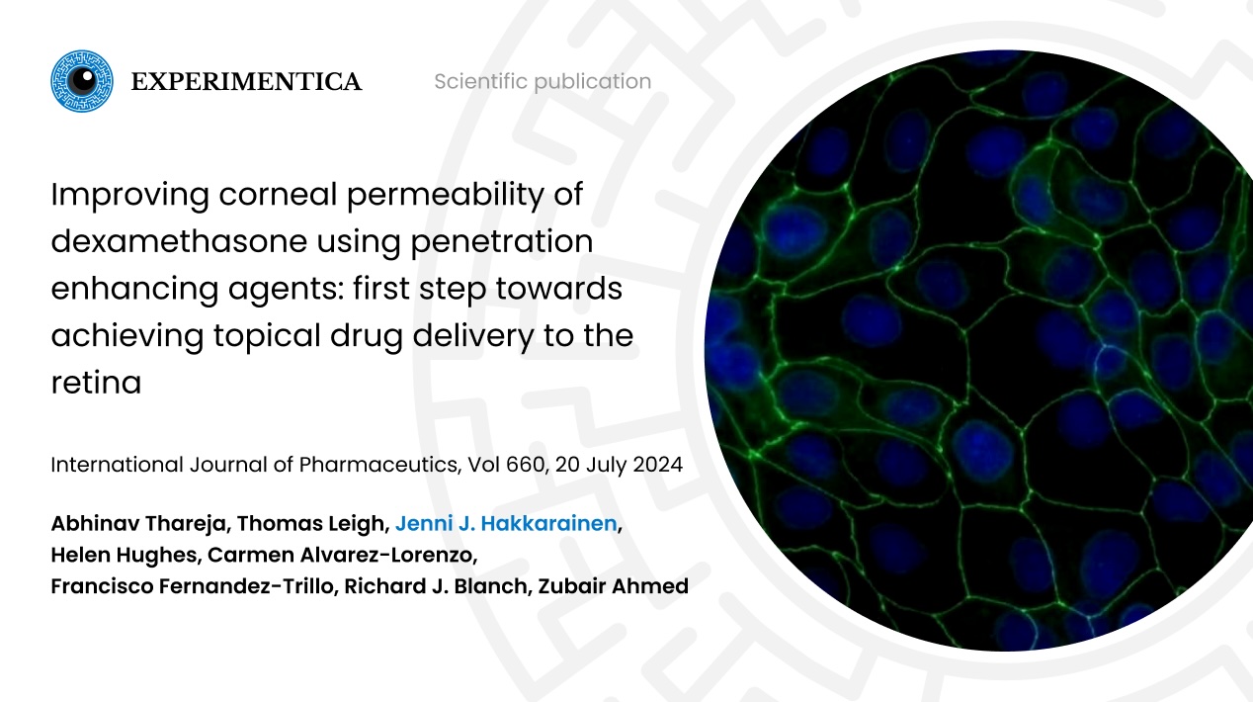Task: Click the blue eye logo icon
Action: pyautogui.click(x=82, y=81)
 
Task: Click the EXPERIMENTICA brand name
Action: pyautogui.click(x=246, y=82)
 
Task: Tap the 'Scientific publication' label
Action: pyautogui.click(x=543, y=82)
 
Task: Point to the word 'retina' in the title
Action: pyautogui.click(x=96, y=383)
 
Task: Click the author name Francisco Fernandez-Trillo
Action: pyautogui.click(x=200, y=586)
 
